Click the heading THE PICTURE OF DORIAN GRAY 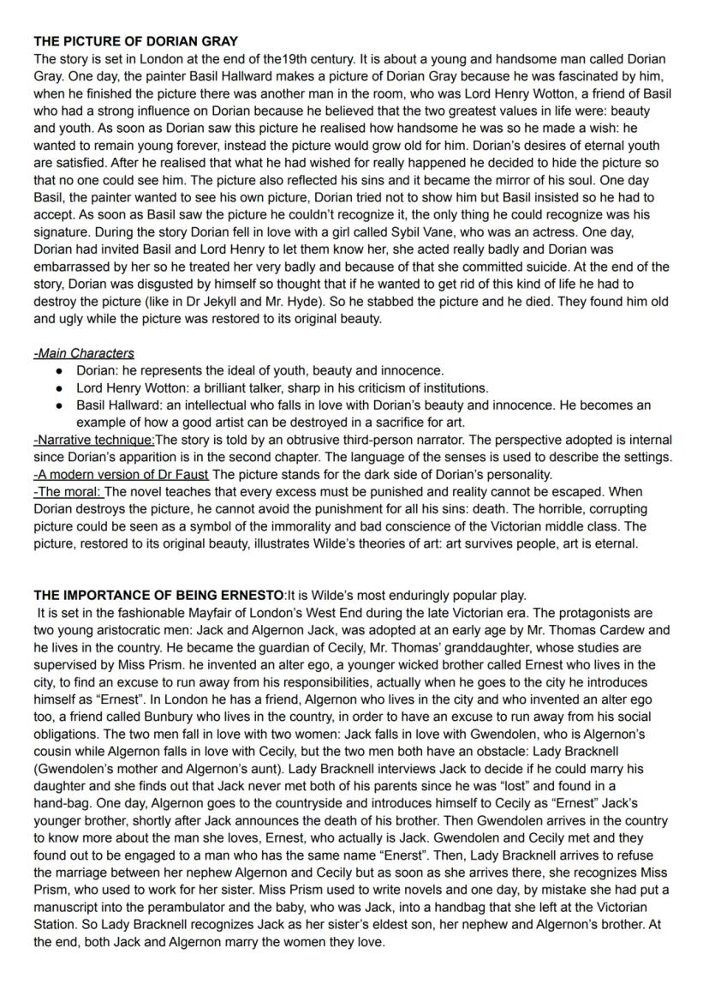pyautogui.click(x=135, y=40)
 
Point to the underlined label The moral pyautogui.click(x=68, y=491)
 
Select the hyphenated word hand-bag pyautogui.click(x=63, y=804)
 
